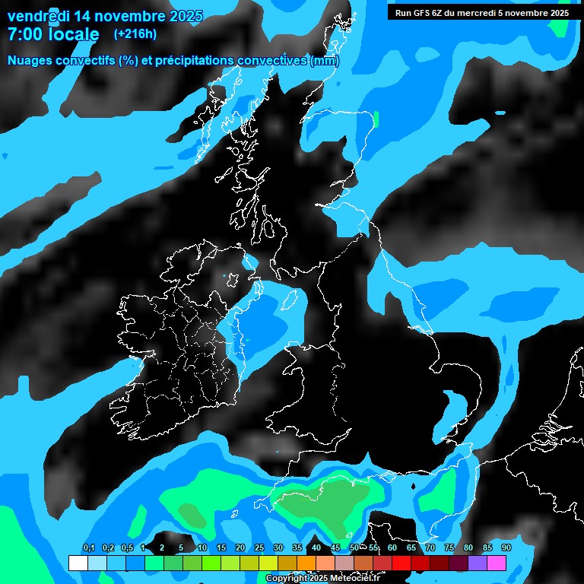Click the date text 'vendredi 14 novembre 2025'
point(105,16)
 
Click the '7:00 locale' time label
point(53,34)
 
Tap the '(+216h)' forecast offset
point(135,34)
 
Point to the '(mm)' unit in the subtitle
point(325,61)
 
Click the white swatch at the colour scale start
point(78,563)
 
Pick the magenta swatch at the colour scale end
point(497,563)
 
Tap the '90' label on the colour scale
point(506,548)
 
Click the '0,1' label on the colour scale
point(88,548)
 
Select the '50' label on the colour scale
point(354,548)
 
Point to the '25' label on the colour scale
point(259,548)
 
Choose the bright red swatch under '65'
point(401,563)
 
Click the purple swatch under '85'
point(478,563)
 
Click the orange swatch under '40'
point(306,563)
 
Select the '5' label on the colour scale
point(181,548)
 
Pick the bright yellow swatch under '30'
point(268,563)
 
